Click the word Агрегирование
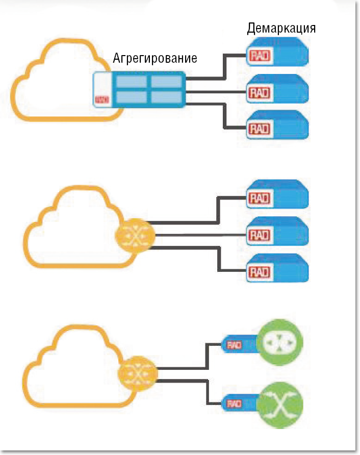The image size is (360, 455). [x=155, y=58]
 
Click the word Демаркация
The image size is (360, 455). [x=281, y=28]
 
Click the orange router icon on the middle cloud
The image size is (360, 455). [x=135, y=235]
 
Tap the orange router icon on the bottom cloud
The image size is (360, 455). [x=138, y=376]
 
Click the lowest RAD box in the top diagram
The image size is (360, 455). [x=277, y=127]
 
